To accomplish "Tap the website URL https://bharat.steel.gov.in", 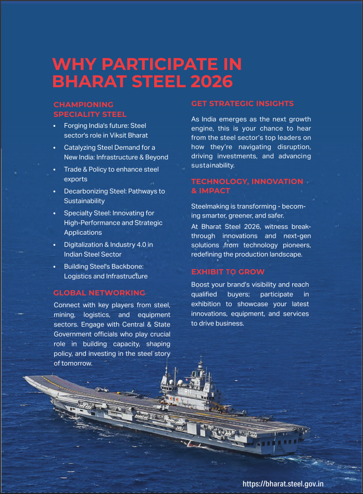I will [x=283, y=484].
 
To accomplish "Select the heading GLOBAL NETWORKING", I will [x=99, y=293].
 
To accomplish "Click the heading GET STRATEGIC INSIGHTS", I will [x=242, y=103].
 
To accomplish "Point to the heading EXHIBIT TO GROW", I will [x=228, y=272].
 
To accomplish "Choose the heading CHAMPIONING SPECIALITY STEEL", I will [x=90, y=110].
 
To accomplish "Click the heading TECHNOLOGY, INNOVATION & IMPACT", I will [x=247, y=186].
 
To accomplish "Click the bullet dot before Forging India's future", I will [x=55, y=126].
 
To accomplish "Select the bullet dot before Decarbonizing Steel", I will [x=55, y=191].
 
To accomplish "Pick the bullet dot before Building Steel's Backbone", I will [x=55, y=267].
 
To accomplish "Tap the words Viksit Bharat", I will [x=127, y=135].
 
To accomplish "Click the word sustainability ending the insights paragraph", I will [x=212, y=165].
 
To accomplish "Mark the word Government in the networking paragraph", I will [x=72, y=334].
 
